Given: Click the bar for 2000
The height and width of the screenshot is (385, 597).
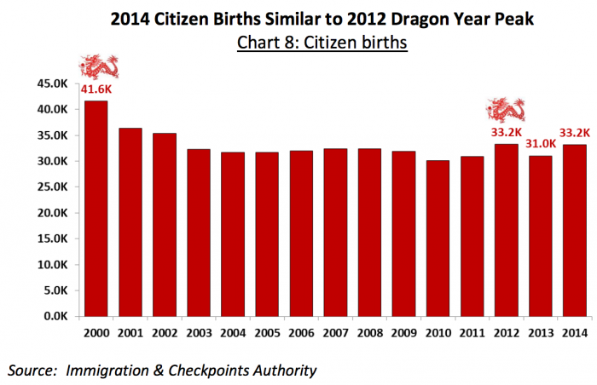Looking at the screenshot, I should pos(96,209).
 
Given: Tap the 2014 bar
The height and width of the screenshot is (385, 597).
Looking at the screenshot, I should pos(574,230).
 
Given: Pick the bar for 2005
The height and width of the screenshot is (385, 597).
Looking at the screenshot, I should pos(266,234).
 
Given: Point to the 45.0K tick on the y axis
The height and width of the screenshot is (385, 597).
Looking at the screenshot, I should pos(50,83).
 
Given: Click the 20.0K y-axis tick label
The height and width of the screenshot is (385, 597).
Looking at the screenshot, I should pos(50,213).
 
